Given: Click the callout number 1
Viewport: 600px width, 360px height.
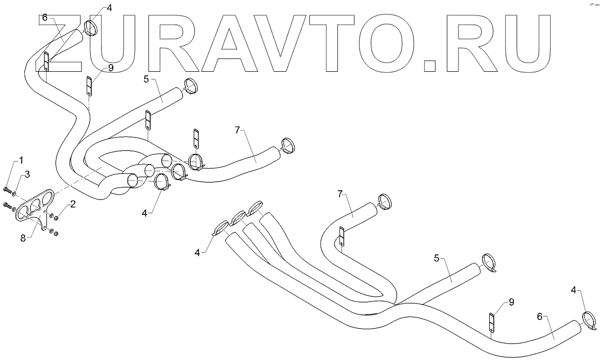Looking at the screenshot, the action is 21,161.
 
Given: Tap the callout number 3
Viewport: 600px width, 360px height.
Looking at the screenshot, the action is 27,174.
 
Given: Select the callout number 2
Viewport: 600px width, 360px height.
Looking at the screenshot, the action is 73,204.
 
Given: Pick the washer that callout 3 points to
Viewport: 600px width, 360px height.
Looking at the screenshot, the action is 14,195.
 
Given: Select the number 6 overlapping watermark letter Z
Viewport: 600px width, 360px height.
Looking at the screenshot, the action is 45,17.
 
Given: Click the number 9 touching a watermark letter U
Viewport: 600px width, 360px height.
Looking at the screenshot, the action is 111,68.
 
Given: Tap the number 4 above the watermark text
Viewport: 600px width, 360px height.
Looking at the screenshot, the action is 108,8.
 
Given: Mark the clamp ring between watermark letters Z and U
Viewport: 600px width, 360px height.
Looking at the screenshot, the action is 91,28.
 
